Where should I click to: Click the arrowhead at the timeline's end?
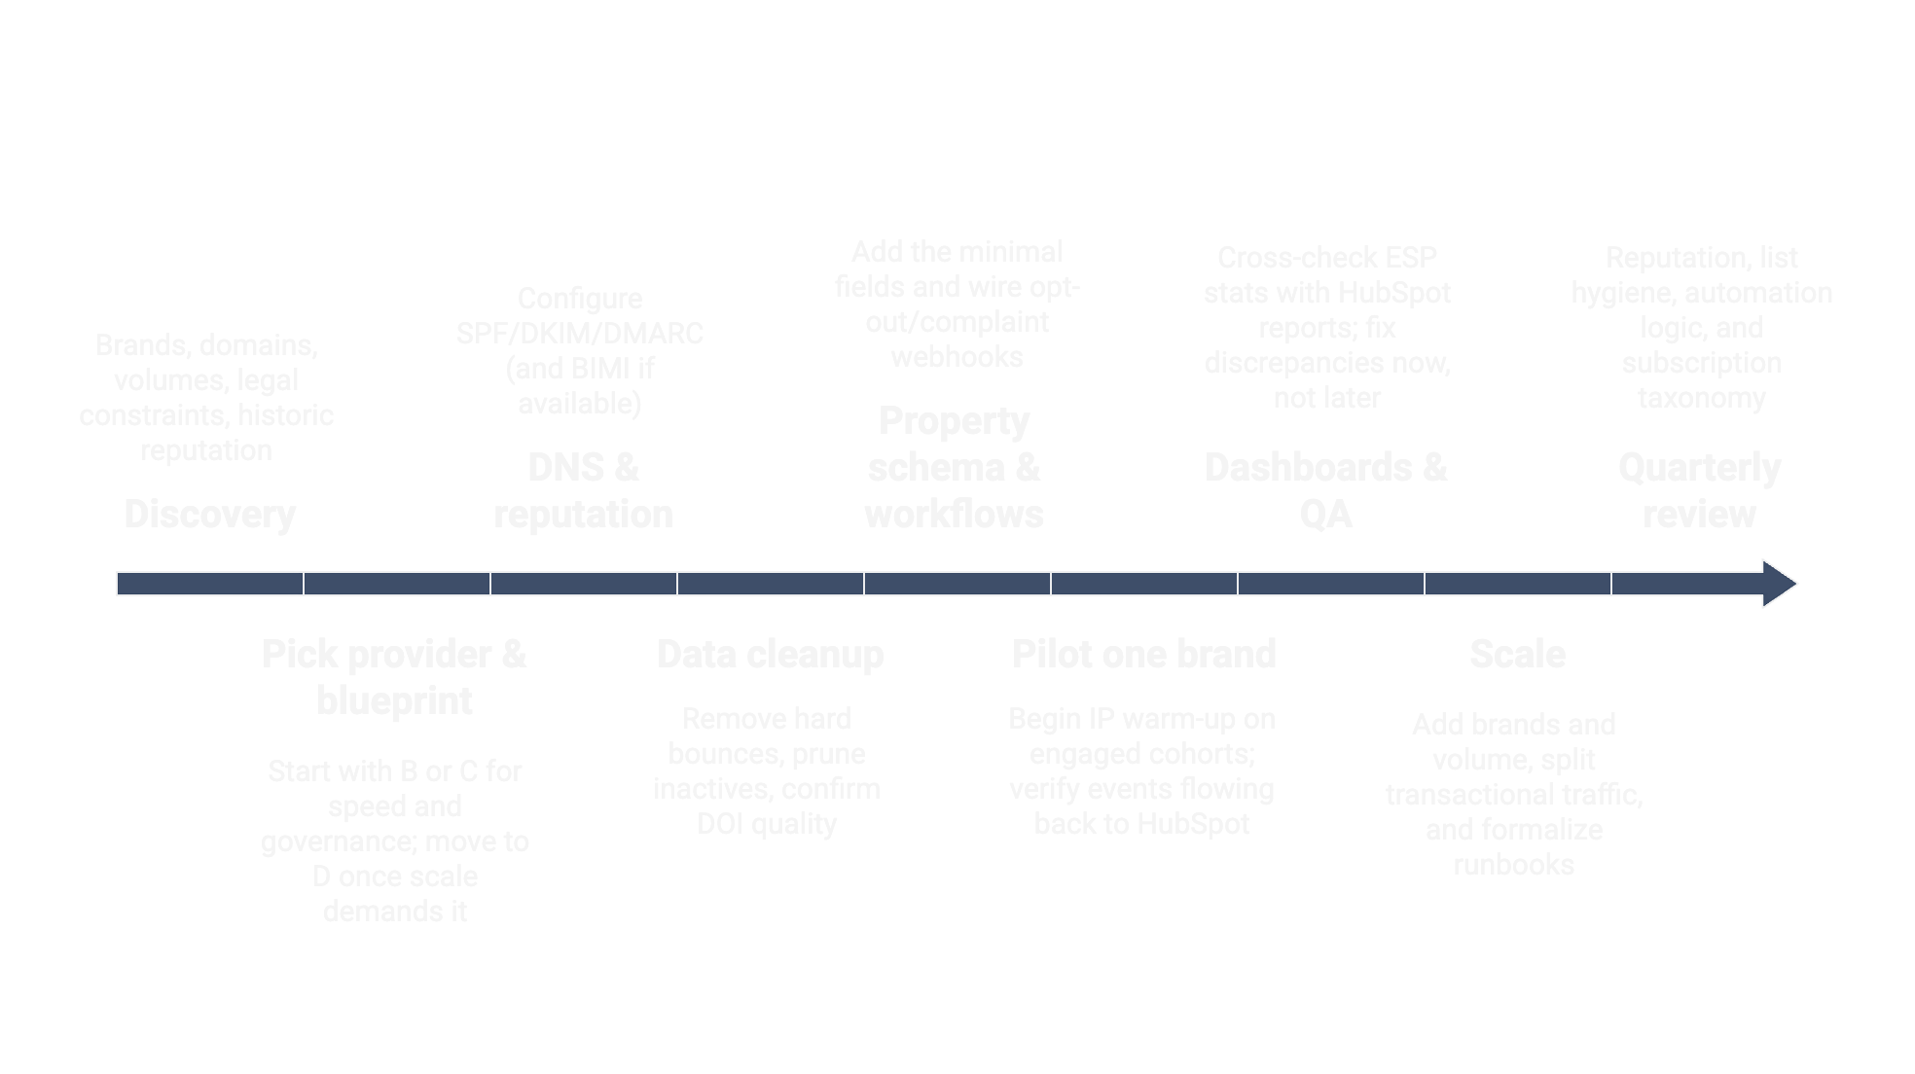[1779, 584]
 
